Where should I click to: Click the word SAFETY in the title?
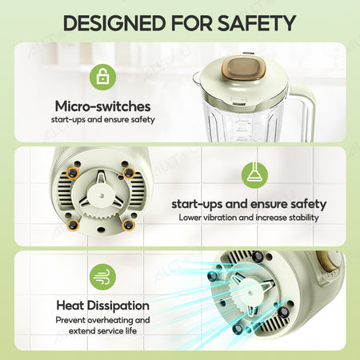click(257, 23)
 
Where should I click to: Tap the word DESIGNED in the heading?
click(114, 23)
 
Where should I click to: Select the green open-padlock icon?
click(103, 77)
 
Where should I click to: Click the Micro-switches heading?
click(103, 106)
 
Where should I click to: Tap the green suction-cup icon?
click(254, 175)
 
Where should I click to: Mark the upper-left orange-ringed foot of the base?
click(73, 174)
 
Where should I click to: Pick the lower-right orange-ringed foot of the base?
click(128, 225)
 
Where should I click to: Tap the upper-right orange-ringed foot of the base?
click(129, 173)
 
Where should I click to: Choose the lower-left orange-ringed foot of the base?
click(73, 225)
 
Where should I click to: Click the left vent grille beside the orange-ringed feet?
click(64, 190)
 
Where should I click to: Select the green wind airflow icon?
click(103, 277)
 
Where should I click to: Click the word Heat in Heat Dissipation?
click(70, 306)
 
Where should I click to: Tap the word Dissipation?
click(118, 306)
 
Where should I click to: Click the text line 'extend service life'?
click(102, 331)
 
